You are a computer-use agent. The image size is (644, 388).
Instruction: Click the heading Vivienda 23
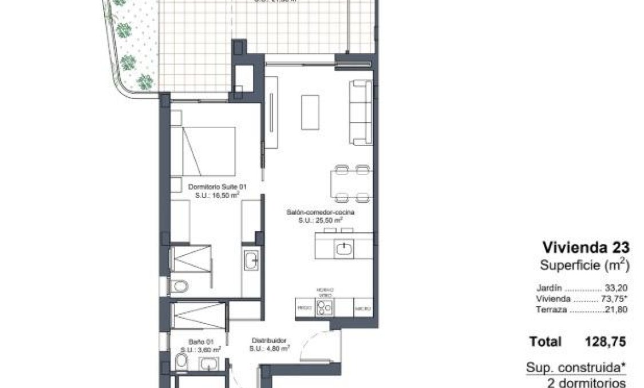[x=586, y=247]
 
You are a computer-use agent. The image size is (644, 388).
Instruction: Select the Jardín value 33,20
[x=616, y=288]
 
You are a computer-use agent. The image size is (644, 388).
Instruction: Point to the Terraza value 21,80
[x=616, y=310]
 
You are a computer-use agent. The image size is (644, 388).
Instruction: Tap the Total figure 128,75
[x=605, y=342]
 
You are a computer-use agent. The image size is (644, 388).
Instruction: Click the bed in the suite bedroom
[x=209, y=151]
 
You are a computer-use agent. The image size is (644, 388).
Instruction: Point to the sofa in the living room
[x=361, y=112]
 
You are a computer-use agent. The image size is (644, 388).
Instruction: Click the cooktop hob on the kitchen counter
[x=325, y=307]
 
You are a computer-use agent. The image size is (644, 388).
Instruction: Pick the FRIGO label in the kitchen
[x=304, y=308]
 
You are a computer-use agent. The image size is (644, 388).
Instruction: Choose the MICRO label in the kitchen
[x=362, y=308]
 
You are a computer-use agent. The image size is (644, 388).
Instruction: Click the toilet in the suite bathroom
[x=180, y=286]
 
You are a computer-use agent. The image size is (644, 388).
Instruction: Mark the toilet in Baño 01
[x=181, y=361]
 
